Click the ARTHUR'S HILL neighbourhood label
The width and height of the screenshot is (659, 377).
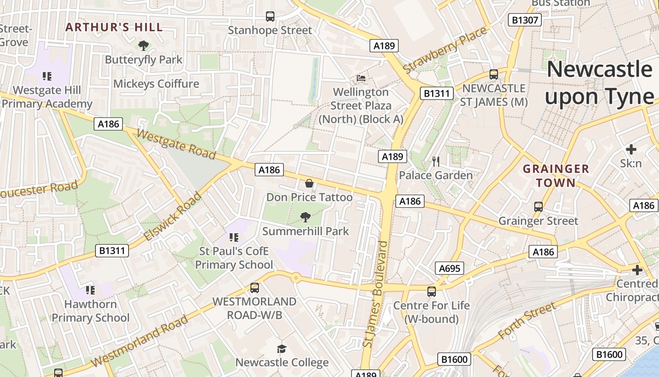point(114,27)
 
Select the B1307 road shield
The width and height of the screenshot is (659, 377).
point(525,20)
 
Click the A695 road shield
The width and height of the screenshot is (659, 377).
point(449,269)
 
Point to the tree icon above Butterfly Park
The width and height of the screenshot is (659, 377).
point(144,46)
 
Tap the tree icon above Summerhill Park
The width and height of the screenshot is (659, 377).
point(305,217)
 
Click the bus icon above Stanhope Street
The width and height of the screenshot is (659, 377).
point(270,16)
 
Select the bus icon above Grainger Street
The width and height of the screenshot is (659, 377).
point(538,207)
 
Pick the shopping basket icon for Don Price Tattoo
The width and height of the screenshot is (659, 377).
point(309,183)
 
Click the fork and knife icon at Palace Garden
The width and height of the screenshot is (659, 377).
point(436,162)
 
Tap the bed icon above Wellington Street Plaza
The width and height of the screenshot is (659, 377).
point(361,78)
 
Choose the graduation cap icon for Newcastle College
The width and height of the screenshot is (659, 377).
point(281,349)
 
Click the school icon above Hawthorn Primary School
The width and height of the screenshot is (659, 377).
point(90,290)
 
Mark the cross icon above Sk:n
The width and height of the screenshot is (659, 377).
point(631,149)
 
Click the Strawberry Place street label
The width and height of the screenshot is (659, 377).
point(445,50)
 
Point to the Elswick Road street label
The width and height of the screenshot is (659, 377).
point(173,216)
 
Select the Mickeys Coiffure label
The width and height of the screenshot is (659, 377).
point(156,84)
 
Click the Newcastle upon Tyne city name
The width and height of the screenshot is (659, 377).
point(599,83)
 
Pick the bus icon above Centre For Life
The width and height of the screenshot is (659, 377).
point(432,292)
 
